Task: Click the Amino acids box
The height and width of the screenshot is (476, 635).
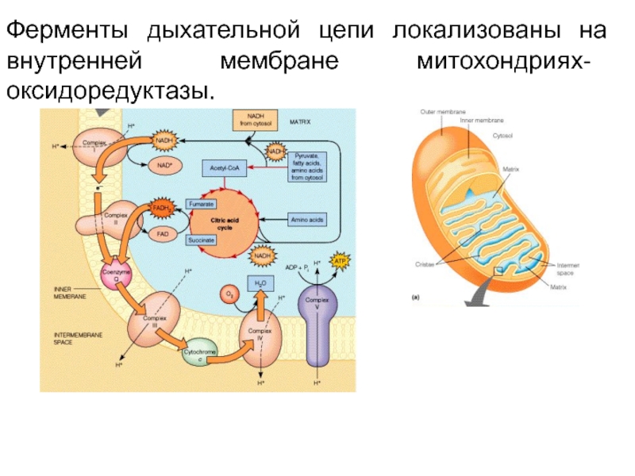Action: [306, 218]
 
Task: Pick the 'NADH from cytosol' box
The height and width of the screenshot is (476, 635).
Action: [256, 120]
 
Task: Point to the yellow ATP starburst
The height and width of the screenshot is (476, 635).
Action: [341, 261]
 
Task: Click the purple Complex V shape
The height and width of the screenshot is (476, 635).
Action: [317, 325]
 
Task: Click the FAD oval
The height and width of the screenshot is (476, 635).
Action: [162, 234]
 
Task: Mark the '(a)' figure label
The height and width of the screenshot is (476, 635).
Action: [415, 298]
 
